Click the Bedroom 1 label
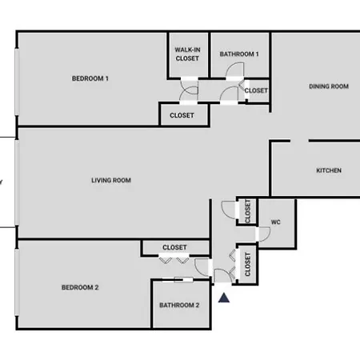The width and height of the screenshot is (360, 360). pos(90,78)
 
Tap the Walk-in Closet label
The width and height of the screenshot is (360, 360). pos(187,54)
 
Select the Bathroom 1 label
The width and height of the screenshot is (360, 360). pos(239,54)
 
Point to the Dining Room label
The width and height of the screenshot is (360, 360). pos(329,86)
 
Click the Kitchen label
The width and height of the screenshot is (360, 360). pos(329,170)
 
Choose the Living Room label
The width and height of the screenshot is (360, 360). pos(111,180)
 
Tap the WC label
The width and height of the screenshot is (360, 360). pos(276,222)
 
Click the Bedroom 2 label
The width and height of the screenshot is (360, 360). pos(80,287)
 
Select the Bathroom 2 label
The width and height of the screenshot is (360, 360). pos(179,305)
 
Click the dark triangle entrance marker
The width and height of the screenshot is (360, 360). pos(224,298)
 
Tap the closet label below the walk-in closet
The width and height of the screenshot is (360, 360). pos(182,115)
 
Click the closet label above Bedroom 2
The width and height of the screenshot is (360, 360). pos(174,247)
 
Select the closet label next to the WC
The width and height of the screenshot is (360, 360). pos(248,211)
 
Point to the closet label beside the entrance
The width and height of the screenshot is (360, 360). pos(248,264)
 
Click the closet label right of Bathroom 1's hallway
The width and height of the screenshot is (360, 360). pos(256,90)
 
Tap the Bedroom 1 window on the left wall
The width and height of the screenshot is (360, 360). pos(17,82)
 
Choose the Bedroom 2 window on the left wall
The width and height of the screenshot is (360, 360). pos(17,282)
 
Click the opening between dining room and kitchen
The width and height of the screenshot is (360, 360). pos(299,141)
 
